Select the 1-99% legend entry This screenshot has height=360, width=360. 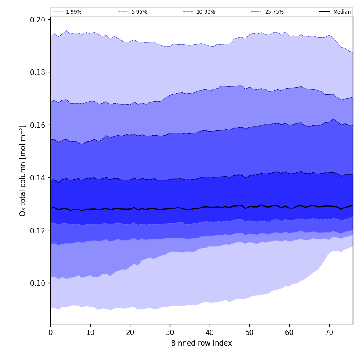74,12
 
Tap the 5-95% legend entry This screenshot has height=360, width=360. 139,12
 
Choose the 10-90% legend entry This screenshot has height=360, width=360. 205,12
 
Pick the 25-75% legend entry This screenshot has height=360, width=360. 274,12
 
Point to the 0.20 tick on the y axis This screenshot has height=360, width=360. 38,20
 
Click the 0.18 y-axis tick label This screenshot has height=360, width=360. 38,72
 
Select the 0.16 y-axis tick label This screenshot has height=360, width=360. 38,125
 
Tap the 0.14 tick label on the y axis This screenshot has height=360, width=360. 38,178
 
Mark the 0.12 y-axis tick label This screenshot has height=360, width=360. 38,231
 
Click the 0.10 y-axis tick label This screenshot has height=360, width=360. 38,283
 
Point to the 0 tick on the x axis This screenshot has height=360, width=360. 50,333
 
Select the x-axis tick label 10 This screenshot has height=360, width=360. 90,333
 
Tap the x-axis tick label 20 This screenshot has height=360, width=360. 130,333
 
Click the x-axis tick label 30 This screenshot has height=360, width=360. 170,333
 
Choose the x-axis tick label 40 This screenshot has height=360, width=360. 210,333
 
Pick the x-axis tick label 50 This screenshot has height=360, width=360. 249,333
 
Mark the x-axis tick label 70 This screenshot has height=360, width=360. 329,333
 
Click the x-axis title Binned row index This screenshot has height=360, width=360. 202,343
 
